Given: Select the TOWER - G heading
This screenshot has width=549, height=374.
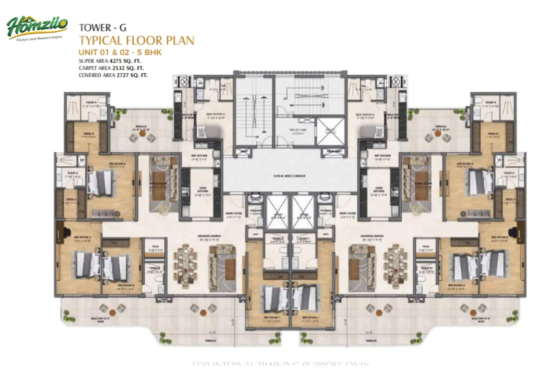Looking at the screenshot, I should tap(99, 28).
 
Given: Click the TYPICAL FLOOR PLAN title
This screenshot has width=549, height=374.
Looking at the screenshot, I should tap(136, 40).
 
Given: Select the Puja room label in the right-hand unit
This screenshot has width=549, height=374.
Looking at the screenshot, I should tap(425, 247).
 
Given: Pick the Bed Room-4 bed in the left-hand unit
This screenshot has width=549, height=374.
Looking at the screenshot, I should tap(105, 182).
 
